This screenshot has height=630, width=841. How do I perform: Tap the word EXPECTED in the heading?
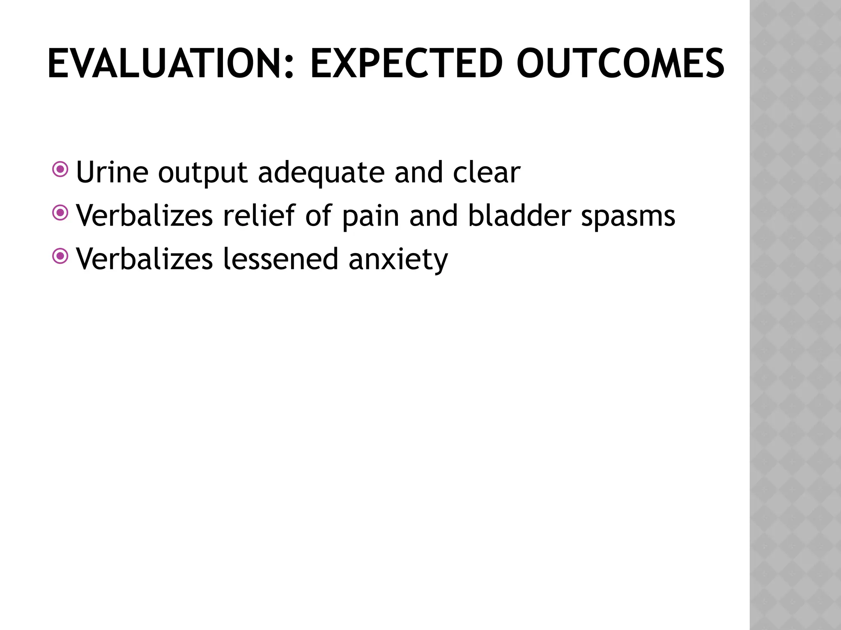pos(406,64)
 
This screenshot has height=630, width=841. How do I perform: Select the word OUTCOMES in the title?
pos(620,64)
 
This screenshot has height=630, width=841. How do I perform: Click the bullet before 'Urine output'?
pos(60,169)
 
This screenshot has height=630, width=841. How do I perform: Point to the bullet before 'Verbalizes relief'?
pos(60,212)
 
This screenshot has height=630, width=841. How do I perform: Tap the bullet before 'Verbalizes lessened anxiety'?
pos(60,256)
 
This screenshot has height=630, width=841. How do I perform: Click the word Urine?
pos(112,172)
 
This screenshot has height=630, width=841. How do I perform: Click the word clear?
pos(487,172)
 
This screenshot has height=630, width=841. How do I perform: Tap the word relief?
pos(259,215)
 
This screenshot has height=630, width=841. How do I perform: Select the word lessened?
pos(280,259)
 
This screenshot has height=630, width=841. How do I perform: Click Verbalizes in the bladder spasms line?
pos(145,215)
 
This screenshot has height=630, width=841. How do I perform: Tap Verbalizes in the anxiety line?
pos(145,259)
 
